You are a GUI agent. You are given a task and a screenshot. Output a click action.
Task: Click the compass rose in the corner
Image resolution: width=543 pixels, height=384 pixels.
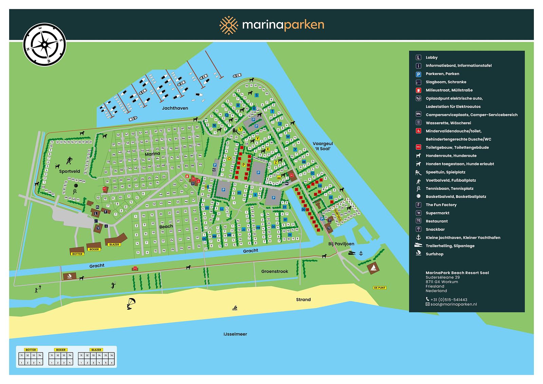click(x=44, y=44)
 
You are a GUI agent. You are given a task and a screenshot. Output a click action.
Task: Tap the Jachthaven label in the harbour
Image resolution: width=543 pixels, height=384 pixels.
click(x=175, y=108)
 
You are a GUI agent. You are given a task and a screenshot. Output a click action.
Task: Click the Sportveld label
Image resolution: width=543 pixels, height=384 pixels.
click(x=70, y=171)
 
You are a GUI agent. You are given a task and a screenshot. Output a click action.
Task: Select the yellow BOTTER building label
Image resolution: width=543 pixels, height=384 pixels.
click(x=77, y=254)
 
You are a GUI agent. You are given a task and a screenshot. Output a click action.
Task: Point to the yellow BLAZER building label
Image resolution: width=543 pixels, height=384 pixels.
click(x=114, y=244)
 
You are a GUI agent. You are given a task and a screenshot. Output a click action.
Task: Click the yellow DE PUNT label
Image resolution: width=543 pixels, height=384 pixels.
click(x=379, y=288)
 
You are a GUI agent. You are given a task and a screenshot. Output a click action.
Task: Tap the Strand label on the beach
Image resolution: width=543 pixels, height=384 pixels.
click(x=303, y=299)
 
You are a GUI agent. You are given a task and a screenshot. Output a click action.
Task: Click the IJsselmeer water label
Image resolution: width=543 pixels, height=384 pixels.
click(x=235, y=334)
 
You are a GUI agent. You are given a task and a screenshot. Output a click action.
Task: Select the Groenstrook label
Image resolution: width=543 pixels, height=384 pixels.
click(x=275, y=271)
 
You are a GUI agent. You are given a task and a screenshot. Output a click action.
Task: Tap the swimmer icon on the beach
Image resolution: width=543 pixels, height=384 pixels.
click(x=235, y=308)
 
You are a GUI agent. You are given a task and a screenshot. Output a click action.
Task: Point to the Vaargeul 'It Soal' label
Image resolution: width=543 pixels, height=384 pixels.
click(x=321, y=146)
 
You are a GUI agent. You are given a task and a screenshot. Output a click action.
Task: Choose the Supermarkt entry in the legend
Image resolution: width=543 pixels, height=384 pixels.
click(x=437, y=213)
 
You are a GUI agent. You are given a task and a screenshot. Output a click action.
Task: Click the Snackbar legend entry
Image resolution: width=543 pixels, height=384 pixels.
click(x=435, y=230)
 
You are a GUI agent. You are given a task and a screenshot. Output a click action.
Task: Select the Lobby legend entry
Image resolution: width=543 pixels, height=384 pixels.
click(x=432, y=58)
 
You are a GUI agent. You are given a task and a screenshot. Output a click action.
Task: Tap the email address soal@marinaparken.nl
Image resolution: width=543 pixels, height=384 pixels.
click(x=453, y=304)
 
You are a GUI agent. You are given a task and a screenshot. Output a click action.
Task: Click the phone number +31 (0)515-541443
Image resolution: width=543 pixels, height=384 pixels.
click(x=449, y=299)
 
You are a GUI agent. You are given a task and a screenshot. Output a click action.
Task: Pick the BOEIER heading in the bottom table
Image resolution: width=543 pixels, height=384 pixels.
click(x=60, y=350)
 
